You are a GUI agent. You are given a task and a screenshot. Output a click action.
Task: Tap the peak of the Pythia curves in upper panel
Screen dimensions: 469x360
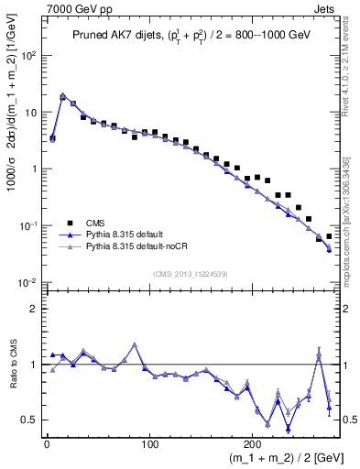pos(62,94)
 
